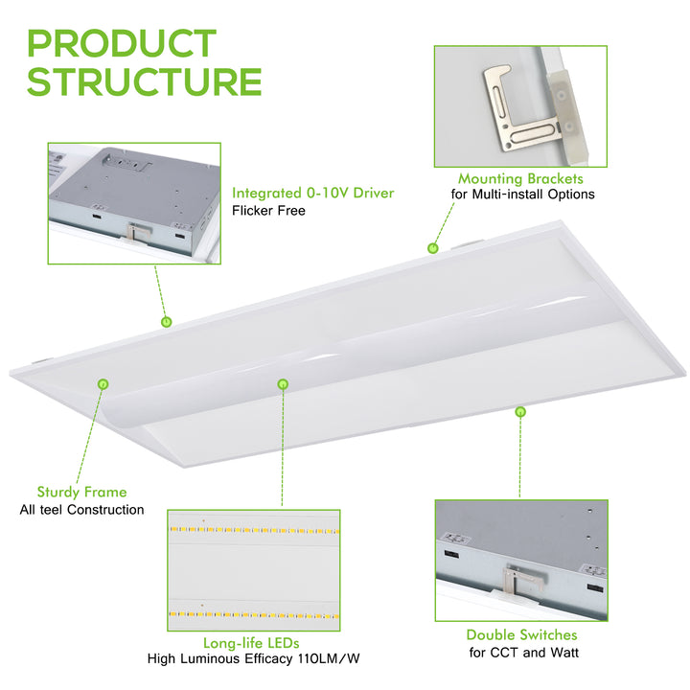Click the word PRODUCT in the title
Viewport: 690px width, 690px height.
click(122, 43)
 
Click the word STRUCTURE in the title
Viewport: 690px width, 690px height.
click(145, 81)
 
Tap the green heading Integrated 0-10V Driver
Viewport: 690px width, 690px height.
click(312, 193)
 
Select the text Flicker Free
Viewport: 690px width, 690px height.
click(268, 210)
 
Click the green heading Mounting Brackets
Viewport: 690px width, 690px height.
click(520, 178)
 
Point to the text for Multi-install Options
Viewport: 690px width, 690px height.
click(523, 194)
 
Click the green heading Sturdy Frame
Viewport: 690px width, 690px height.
click(81, 492)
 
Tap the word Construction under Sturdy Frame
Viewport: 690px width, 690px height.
click(105, 510)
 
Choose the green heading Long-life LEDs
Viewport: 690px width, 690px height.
click(251, 643)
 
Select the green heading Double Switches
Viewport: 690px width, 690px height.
click(522, 634)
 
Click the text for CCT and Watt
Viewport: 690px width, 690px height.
click(523, 653)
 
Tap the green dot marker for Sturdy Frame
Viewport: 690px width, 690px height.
click(103, 384)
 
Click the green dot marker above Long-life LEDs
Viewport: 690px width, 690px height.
click(283, 384)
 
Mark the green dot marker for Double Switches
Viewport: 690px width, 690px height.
click(520, 412)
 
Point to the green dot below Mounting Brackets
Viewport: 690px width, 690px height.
click(433, 248)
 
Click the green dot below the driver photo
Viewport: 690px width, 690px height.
click(167, 322)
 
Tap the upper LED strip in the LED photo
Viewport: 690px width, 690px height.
click(254, 530)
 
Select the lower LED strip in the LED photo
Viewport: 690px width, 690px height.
click(254, 614)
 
